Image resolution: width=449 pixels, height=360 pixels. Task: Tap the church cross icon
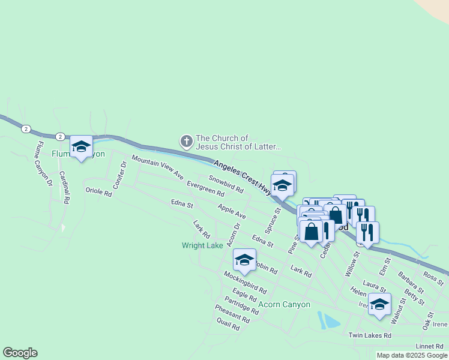186,142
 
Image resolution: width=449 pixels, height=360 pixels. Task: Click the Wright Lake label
202,245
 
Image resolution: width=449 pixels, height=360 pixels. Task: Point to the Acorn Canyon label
284,304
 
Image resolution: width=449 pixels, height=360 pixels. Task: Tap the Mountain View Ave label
157,167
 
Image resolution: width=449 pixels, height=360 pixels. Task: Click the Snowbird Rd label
226,184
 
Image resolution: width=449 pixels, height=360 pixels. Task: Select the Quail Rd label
228,325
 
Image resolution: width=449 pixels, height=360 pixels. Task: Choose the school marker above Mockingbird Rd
244,259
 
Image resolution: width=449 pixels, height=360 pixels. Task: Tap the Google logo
20,353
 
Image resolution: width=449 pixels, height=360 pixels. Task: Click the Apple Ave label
232,211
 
